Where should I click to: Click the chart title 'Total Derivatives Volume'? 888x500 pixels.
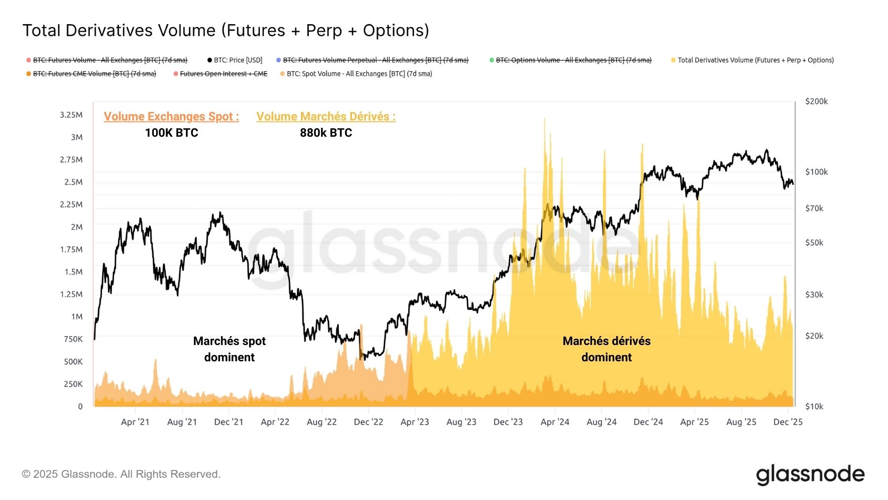pyautogui.click(x=225, y=31)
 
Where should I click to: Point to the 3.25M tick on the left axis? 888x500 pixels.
pyautogui.click(x=71, y=115)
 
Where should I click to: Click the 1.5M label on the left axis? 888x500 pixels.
pyautogui.click(x=74, y=272)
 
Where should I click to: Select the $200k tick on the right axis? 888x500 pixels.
pyautogui.click(x=816, y=101)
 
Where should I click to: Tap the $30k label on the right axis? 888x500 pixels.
pyautogui.click(x=814, y=295)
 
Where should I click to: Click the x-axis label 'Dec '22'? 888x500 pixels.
pyautogui.click(x=369, y=422)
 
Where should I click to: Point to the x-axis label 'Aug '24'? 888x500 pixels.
pyautogui.click(x=601, y=422)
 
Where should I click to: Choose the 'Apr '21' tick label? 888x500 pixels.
pyautogui.click(x=135, y=422)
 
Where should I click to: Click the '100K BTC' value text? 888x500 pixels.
pyautogui.click(x=171, y=133)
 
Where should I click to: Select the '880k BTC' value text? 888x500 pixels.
pyautogui.click(x=326, y=133)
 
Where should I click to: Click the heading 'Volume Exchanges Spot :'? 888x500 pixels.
pyautogui.click(x=171, y=116)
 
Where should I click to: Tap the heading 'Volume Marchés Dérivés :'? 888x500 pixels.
pyautogui.click(x=326, y=116)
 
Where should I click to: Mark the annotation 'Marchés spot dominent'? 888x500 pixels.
pyautogui.click(x=229, y=349)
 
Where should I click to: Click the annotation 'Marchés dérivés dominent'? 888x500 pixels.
pyautogui.click(x=606, y=349)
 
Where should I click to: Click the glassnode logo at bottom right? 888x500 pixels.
pyautogui.click(x=810, y=474)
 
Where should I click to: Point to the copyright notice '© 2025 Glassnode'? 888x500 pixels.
pyautogui.click(x=121, y=474)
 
